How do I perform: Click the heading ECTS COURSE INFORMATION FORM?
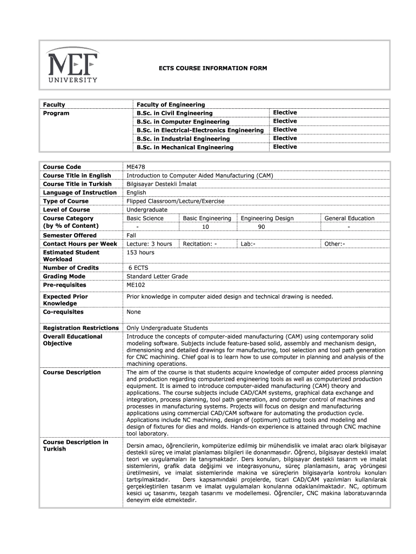click(209, 69)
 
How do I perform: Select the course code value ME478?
click(135, 167)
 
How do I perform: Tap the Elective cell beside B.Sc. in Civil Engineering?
click(285, 113)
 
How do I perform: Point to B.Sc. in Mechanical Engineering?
click(185, 147)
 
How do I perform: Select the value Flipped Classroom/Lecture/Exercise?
click(175, 201)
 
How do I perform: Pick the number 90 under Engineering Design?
click(261, 227)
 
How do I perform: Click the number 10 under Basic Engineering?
click(205, 227)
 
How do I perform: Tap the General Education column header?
click(349, 218)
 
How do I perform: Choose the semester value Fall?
click(131, 235)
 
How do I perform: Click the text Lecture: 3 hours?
click(149, 244)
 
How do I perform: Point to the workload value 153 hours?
click(140, 253)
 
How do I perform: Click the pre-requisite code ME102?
click(136, 285)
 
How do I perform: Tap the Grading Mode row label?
click(64, 276)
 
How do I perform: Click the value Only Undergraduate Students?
click(167, 328)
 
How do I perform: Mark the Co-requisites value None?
click(133, 312)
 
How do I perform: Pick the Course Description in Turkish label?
click(76, 445)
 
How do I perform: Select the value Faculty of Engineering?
click(171, 104)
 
